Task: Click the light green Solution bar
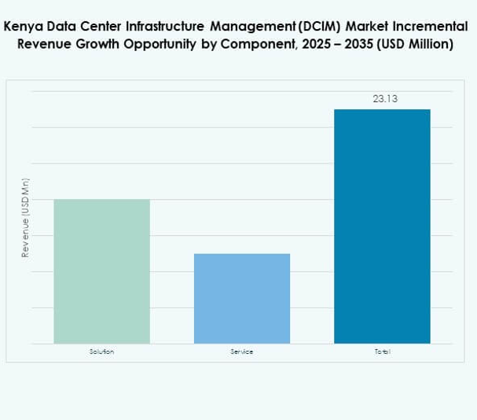[101, 271]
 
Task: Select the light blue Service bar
[241, 298]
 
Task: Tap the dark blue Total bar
[382, 227]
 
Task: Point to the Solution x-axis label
[101, 352]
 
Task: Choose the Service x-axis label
[241, 352]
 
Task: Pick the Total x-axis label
[382, 352]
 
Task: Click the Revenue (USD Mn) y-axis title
[25, 218]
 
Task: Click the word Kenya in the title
[24, 25]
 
